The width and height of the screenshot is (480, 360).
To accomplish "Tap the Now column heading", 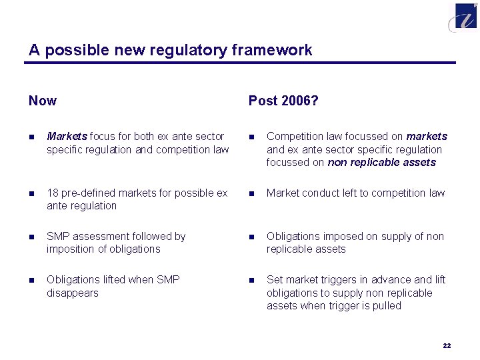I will (x=43, y=101).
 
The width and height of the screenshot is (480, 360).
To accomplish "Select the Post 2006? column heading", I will (x=283, y=101).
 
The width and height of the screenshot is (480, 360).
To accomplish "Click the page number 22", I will (x=447, y=345).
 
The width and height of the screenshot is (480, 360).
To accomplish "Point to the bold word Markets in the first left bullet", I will (x=67, y=136).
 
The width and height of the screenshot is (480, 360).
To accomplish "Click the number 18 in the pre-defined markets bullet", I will (x=53, y=193).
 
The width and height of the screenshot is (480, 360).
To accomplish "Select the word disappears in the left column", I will (x=72, y=293).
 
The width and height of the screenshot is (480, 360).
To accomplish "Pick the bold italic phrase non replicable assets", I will (x=381, y=162).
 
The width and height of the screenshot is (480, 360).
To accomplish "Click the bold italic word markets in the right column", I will (x=427, y=136).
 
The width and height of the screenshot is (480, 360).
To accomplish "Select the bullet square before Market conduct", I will (x=251, y=193).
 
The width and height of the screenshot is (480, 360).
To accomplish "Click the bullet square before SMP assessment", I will (x=31, y=237).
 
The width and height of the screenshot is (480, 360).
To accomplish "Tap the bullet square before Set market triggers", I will (x=251, y=280).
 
